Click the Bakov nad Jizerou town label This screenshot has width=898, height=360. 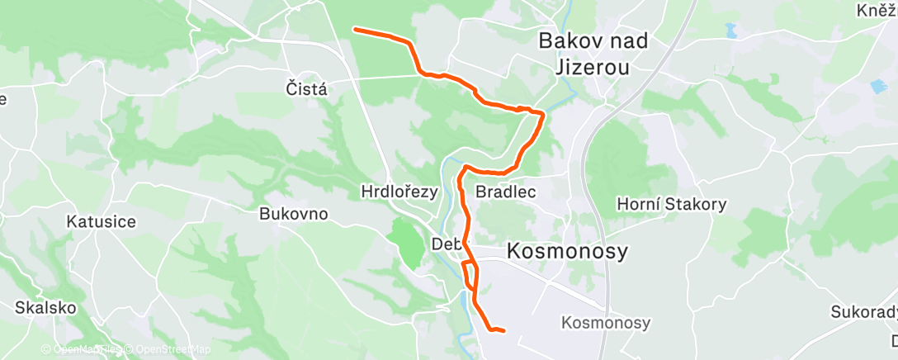click(x=583, y=53)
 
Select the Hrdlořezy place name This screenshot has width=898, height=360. click(x=399, y=192)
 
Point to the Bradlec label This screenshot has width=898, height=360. click(x=507, y=192)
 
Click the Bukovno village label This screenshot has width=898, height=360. click(x=294, y=214)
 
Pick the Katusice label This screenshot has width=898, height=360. click(x=102, y=221)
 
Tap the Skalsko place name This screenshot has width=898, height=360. click(x=45, y=308)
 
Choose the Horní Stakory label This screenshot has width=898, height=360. click(x=672, y=204)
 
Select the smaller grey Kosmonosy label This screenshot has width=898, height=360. click(x=605, y=323)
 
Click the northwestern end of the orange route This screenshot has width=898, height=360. click(x=355, y=30)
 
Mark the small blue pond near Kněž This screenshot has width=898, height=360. click(x=730, y=33)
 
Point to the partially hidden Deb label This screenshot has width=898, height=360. click(x=443, y=244)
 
